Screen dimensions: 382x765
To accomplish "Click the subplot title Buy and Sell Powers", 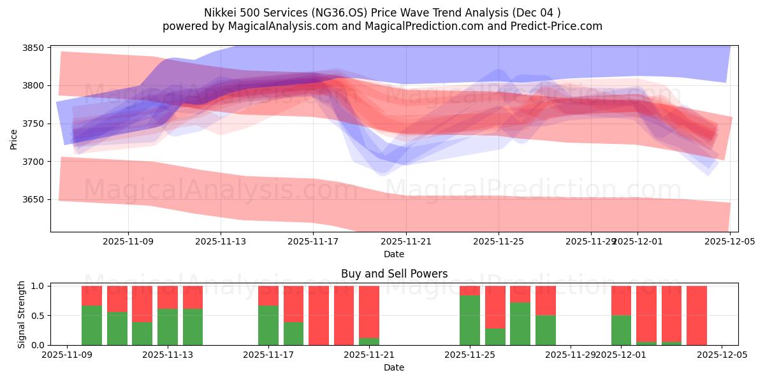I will pos(394,274).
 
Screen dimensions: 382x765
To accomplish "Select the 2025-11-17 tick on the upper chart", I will pos(313,241).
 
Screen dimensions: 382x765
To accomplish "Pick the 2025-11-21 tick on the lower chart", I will pos(369,355).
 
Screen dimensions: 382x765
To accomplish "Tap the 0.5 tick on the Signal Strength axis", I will pos(36,316).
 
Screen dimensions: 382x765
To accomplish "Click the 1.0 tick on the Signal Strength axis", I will pos(36,286).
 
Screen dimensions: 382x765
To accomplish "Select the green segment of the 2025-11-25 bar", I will pos(470,320).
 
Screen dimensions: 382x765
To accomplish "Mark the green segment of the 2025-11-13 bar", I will pos(168,327).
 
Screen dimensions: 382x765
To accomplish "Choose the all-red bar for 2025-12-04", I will pos(697,315).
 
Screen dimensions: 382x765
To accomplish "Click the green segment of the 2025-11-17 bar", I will pos(268,325).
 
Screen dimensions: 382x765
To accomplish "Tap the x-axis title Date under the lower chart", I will pos(394,367).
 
